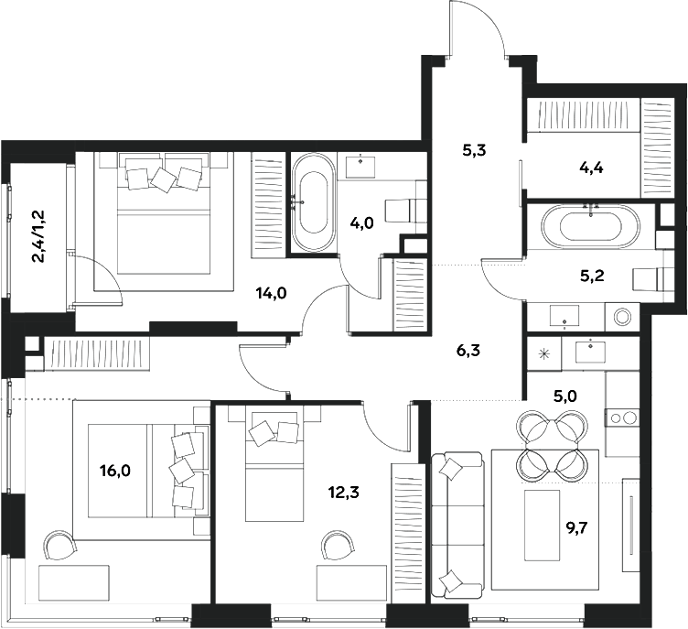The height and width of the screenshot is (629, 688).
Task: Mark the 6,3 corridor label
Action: point(468,349)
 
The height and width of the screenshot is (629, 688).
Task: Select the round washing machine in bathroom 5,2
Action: point(624,318)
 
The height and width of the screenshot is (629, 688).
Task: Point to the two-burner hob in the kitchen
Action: point(624,418)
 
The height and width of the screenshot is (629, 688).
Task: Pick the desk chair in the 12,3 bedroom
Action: point(336,546)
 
